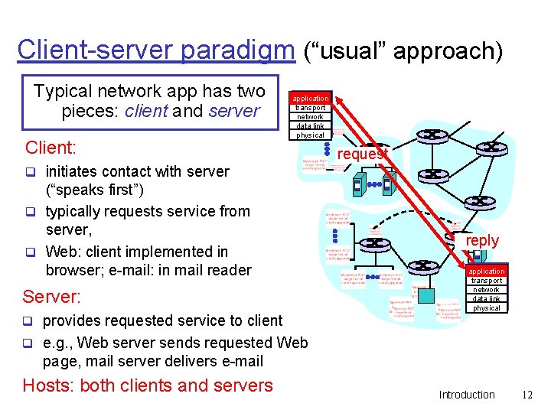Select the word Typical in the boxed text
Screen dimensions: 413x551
[64, 91]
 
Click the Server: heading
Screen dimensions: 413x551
[51, 296]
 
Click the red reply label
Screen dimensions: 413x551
[482, 240]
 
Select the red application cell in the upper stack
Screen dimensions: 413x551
[310, 99]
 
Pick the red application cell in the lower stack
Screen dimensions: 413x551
[487, 272]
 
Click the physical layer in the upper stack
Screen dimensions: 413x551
[310, 135]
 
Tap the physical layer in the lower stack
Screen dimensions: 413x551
[487, 308]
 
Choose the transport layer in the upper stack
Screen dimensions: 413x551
[310, 108]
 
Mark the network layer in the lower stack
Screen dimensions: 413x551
[487, 290]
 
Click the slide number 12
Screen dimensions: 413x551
[527, 395]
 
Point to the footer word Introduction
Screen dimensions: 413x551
[467, 395]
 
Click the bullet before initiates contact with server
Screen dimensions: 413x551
[32, 171]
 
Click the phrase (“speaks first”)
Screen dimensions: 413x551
[95, 190]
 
